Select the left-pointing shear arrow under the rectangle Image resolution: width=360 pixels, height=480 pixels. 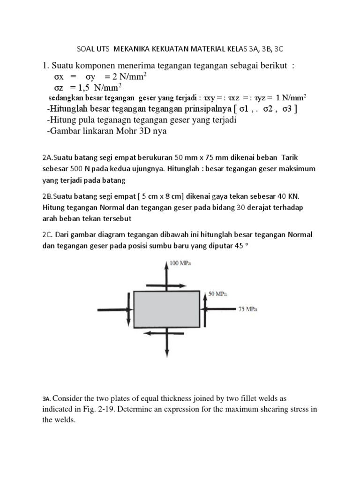155,333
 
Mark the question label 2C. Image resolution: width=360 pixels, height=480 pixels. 48,234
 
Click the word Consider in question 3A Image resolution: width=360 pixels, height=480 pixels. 70,398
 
